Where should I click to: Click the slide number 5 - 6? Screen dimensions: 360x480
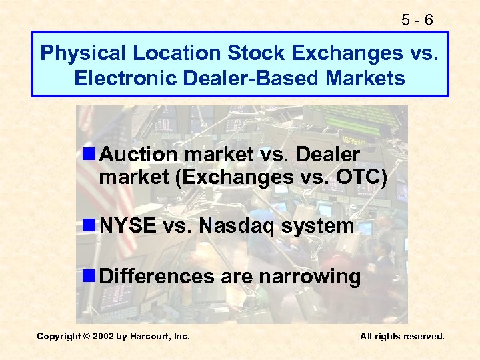pos(419,21)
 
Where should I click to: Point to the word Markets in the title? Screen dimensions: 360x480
pos(365,79)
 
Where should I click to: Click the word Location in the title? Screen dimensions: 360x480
pos(171,53)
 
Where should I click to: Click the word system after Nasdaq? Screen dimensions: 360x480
pos(317,227)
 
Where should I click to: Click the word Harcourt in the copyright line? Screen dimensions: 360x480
pos(155,337)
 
